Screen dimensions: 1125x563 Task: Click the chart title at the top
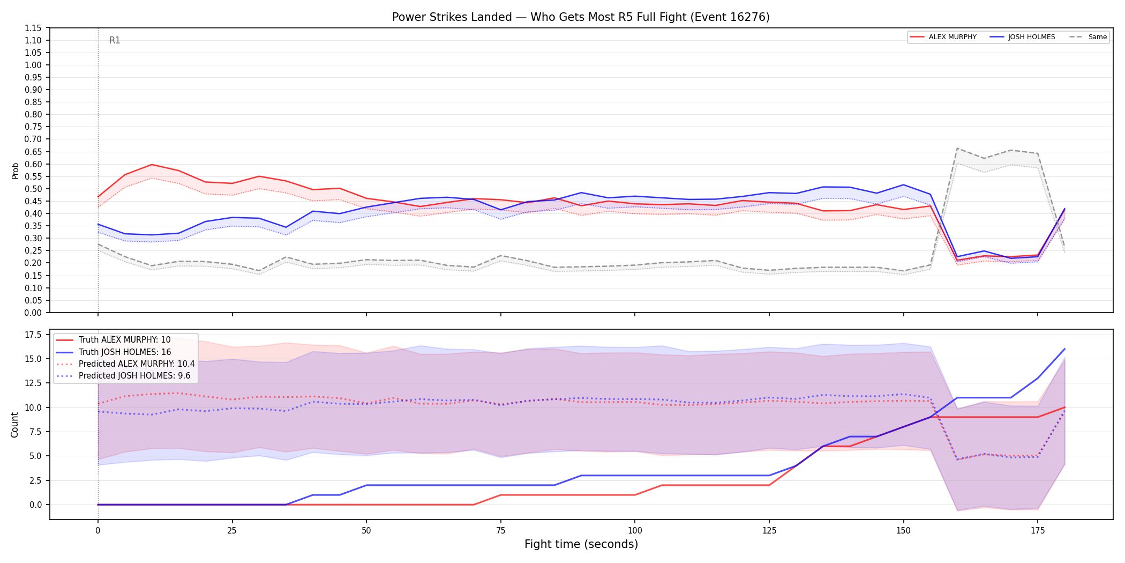coord(581,17)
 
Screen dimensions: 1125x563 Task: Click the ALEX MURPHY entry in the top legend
coord(943,37)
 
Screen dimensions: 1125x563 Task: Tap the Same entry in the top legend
coord(1088,37)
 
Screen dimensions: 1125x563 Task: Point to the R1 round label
coord(115,40)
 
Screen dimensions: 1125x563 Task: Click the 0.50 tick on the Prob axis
coord(33,189)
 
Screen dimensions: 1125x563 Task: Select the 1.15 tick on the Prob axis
coord(33,28)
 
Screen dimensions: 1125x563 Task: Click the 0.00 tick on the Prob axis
coord(33,313)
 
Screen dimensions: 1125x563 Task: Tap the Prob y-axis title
coord(15,171)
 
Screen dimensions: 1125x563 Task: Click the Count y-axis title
coord(14,425)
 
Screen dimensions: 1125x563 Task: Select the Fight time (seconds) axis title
coord(581,544)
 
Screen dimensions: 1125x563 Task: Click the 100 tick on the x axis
coord(635,531)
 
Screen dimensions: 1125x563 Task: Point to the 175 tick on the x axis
coord(1038,531)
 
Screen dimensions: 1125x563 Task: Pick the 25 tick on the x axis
coord(232,531)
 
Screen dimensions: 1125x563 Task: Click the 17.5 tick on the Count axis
coord(33,335)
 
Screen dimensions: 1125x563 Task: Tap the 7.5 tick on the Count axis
coord(35,432)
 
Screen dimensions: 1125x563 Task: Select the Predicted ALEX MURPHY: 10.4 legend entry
coord(125,364)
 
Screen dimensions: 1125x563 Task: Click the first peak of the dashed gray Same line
coord(957,149)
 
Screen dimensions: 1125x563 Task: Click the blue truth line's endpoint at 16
coord(1064,349)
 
